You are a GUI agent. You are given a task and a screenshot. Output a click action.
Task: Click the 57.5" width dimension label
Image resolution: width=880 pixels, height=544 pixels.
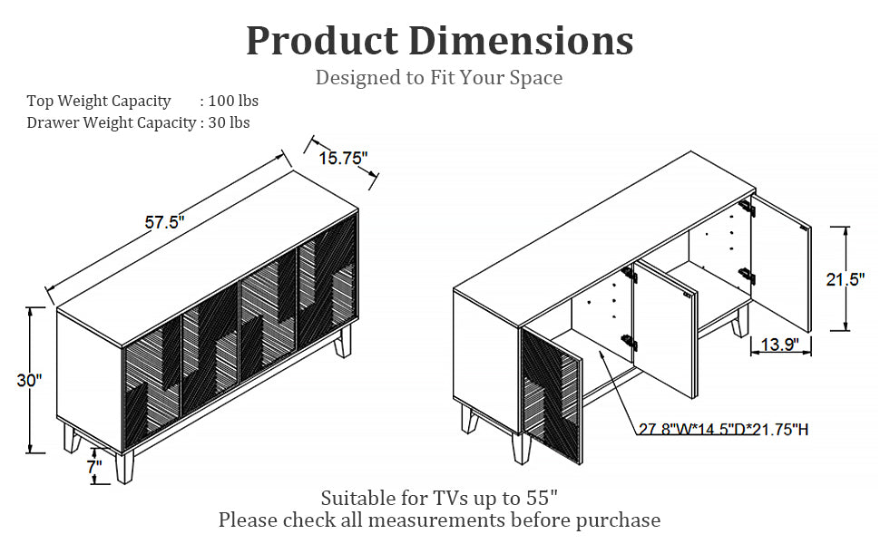(164, 222)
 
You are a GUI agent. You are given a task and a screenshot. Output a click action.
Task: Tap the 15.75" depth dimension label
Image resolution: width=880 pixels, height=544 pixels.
(344, 158)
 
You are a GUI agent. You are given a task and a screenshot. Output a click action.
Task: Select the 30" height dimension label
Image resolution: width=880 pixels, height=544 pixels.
(29, 380)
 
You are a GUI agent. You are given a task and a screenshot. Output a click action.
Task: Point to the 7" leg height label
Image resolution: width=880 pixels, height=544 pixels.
(94, 466)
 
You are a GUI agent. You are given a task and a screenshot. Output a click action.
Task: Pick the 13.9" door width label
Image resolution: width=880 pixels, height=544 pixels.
(780, 344)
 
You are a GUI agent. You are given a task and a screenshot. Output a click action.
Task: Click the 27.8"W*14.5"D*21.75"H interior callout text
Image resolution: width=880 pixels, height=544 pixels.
(724, 430)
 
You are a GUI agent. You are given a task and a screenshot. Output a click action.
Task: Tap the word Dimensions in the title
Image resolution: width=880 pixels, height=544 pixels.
(521, 41)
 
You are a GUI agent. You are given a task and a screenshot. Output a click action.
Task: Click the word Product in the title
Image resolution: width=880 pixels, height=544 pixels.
(322, 41)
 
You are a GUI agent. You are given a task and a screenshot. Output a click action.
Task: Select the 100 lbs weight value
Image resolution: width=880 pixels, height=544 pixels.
(233, 101)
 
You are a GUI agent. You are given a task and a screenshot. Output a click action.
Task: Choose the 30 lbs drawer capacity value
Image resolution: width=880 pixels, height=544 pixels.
(229, 122)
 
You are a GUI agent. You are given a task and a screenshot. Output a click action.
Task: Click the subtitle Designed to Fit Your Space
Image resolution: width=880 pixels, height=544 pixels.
(439, 77)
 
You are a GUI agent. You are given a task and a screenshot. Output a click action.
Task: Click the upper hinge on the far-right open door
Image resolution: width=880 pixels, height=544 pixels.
(747, 208)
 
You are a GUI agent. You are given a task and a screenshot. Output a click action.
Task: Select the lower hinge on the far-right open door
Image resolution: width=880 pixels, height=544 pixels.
(747, 276)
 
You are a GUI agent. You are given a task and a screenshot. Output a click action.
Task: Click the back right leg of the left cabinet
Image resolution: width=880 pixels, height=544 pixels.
(342, 341)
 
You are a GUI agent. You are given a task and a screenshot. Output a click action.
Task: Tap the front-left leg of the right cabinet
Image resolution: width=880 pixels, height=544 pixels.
(469, 419)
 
